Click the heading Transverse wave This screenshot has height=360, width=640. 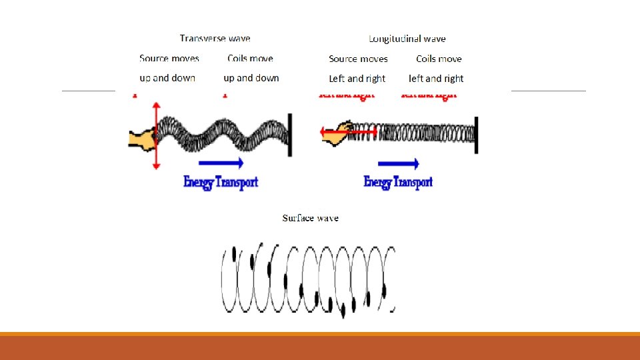pyautogui.click(x=215, y=39)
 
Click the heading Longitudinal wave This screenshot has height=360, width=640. pyautogui.click(x=407, y=39)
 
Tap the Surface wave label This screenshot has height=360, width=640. pyautogui.click(x=310, y=218)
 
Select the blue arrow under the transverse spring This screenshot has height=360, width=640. pyautogui.click(x=220, y=162)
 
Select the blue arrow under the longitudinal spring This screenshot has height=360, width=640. pyautogui.click(x=398, y=164)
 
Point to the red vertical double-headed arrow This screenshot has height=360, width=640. pyautogui.click(x=156, y=136)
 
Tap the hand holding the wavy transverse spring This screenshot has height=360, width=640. pyautogui.click(x=141, y=138)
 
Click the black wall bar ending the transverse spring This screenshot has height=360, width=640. pyautogui.click(x=290, y=135)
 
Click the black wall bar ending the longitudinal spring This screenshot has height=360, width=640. pyautogui.click(x=476, y=135)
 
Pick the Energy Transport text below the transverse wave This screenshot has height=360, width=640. pyautogui.click(x=221, y=182)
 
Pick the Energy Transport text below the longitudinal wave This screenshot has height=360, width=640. pyautogui.click(x=398, y=182)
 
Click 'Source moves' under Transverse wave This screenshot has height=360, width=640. pyautogui.click(x=169, y=59)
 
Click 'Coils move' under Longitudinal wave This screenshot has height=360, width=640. pyautogui.click(x=439, y=59)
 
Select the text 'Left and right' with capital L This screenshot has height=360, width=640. pyautogui.click(x=357, y=78)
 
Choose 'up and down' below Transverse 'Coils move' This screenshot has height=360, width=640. pyautogui.click(x=251, y=78)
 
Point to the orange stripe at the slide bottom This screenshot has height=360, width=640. pyautogui.click(x=320, y=334)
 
